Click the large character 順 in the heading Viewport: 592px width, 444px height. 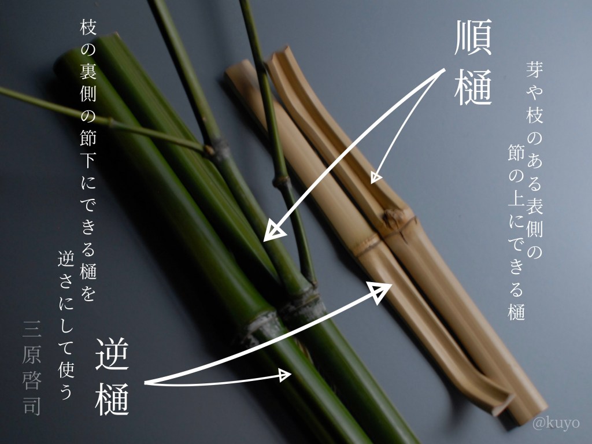(473, 38)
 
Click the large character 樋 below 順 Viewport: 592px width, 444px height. (473, 87)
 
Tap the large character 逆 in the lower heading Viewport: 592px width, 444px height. (112, 353)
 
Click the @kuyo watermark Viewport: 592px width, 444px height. (556, 423)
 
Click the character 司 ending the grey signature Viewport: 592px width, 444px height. (32, 406)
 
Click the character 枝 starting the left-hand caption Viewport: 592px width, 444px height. (88, 27)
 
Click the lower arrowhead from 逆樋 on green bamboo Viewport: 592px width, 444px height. (285, 375)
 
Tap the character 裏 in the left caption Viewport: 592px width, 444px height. (88, 71)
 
